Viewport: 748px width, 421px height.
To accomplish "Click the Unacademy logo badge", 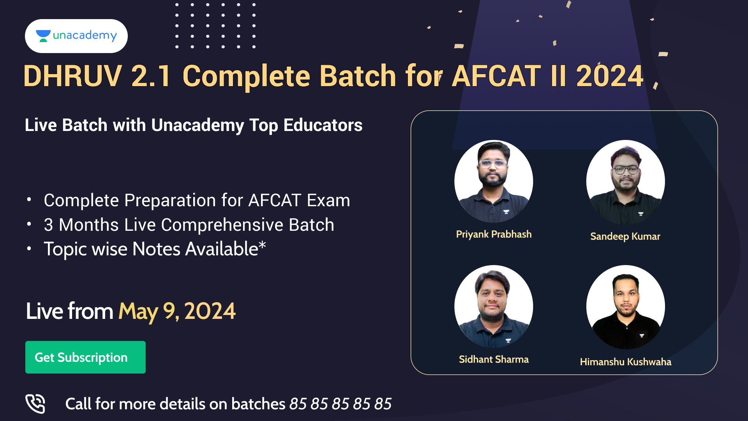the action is (x=76, y=36).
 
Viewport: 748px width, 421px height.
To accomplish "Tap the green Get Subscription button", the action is (x=85, y=357).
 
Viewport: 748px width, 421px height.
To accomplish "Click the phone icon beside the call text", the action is (x=35, y=403).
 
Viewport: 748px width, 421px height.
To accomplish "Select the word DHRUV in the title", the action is (x=73, y=76).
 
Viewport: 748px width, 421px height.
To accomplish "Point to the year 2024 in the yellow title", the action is (x=610, y=76).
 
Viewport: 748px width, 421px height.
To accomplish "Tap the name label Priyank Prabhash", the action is (x=494, y=234).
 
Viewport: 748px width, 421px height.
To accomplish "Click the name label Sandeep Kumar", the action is (x=625, y=237).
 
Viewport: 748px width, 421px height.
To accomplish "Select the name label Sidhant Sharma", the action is (x=494, y=359).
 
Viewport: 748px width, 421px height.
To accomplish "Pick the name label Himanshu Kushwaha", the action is (x=626, y=362).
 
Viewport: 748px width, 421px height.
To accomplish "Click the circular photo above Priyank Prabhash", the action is (x=494, y=181).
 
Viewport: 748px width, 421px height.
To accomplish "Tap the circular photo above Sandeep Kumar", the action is (x=626, y=182).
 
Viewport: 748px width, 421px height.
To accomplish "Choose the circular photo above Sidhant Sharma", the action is (x=494, y=306).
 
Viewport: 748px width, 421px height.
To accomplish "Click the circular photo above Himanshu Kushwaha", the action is (x=626, y=307).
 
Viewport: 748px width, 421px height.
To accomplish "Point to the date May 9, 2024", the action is (x=177, y=312).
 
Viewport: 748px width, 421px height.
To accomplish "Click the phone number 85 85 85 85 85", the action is (x=340, y=404).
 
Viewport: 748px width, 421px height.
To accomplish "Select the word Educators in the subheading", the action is (x=323, y=125).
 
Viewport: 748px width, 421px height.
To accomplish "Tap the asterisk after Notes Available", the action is (x=263, y=244).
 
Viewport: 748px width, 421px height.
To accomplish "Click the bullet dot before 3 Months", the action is (x=29, y=224).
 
